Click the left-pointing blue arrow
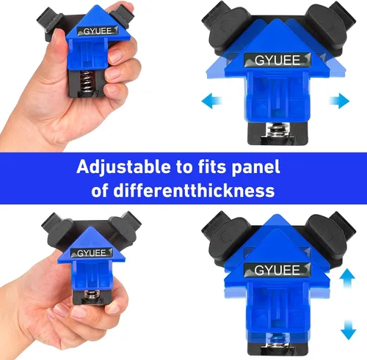click(211, 100)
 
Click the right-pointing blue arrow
click(339, 100)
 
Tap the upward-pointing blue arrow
click(348, 278)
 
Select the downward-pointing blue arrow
click(348, 330)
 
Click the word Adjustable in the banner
click(124, 168)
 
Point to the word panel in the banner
click(255, 168)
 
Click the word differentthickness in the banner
click(194, 191)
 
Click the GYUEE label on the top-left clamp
click(98, 31)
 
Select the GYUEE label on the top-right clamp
click(277, 60)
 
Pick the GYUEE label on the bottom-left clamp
click(92, 253)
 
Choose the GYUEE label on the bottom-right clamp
click(277, 270)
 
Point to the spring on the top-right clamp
click(277, 130)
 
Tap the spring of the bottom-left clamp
click(92, 294)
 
